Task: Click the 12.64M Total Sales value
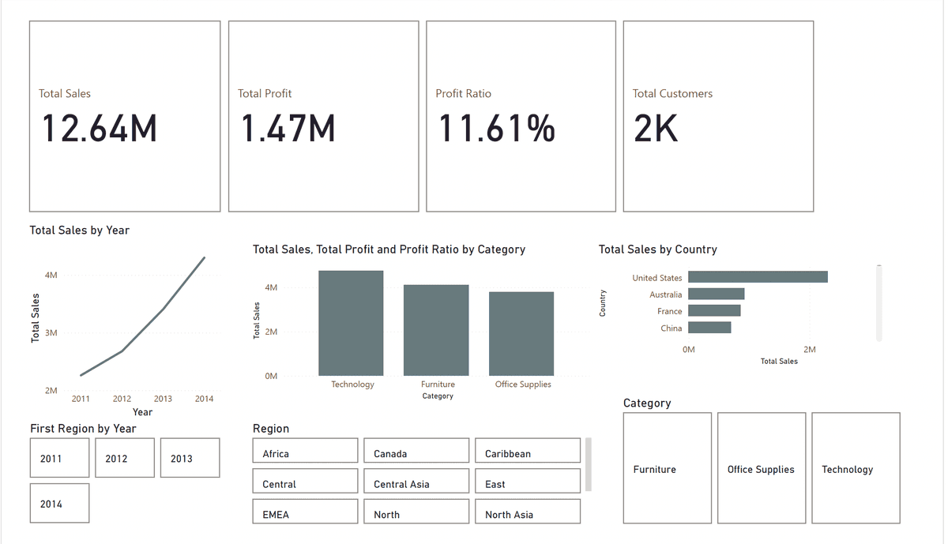pyautogui.click(x=100, y=129)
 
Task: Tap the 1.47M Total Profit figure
pyautogui.click(x=288, y=129)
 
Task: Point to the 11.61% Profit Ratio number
pyautogui.click(x=497, y=129)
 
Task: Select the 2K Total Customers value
pyautogui.click(x=656, y=129)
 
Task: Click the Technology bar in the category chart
pyautogui.click(x=351, y=324)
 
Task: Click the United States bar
pyautogui.click(x=758, y=277)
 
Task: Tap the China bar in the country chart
pyautogui.click(x=709, y=328)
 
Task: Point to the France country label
pyautogui.click(x=669, y=311)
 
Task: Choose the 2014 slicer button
pyautogui.click(x=59, y=504)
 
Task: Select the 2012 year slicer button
pyautogui.click(x=124, y=459)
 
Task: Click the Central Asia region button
pyautogui.click(x=416, y=484)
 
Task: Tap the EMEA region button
pyautogui.click(x=305, y=514)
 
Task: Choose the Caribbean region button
pyautogui.click(x=527, y=454)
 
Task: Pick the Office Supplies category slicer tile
pyautogui.click(x=761, y=469)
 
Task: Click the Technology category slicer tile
pyautogui.click(x=856, y=469)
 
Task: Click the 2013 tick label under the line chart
pyautogui.click(x=163, y=399)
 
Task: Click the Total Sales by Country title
pyautogui.click(x=657, y=249)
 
